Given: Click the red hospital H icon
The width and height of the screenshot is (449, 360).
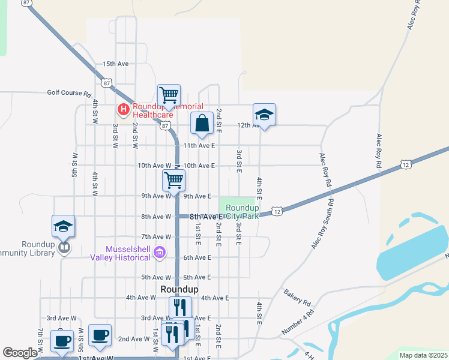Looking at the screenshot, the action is (x=123, y=109).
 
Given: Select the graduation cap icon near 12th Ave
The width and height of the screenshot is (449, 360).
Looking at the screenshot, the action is (x=264, y=115).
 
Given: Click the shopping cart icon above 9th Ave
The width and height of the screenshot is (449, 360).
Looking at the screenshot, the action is (x=173, y=179).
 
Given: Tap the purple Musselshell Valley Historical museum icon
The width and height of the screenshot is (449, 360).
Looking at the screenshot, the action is (x=159, y=252).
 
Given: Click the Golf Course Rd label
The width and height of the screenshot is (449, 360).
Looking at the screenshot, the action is (x=69, y=93).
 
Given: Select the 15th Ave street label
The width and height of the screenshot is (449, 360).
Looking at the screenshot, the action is (x=116, y=64).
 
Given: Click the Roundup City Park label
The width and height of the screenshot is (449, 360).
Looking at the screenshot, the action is (x=242, y=212).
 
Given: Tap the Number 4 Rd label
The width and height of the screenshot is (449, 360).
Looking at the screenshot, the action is (x=298, y=322).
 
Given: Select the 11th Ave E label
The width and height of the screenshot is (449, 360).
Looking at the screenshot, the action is (x=199, y=146).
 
